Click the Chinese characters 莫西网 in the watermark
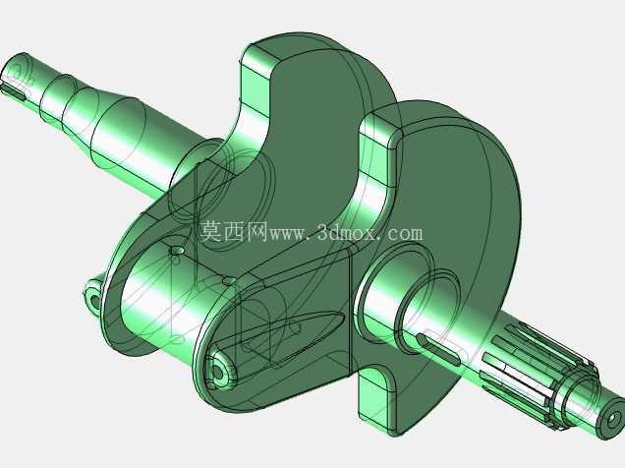[233, 231]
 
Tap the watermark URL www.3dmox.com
[346, 232]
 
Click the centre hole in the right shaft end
[612, 420]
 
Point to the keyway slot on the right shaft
[438, 350]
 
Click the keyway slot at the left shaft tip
[14, 92]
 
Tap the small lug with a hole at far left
[93, 295]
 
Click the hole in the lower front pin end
[217, 372]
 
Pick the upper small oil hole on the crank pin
[177, 251]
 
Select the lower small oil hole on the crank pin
[228, 281]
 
